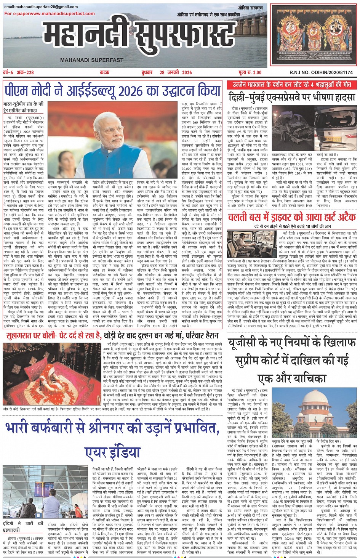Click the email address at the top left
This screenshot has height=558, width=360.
41,7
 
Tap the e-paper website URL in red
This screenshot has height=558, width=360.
50,13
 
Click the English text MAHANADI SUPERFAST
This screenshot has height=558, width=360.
92,60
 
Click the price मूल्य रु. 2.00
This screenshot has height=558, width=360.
250,72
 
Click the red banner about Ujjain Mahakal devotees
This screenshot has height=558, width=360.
292,84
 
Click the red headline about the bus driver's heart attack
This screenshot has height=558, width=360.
291,217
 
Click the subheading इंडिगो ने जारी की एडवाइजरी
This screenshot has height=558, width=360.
23,527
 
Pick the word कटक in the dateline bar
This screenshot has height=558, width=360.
104,72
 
